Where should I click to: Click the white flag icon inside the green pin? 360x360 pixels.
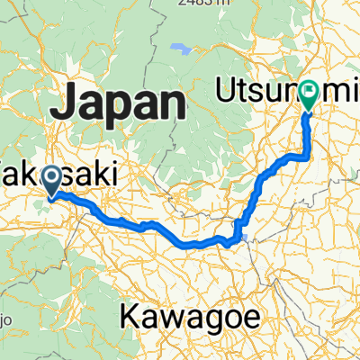(309, 91)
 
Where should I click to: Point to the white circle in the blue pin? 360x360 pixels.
(53, 177)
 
